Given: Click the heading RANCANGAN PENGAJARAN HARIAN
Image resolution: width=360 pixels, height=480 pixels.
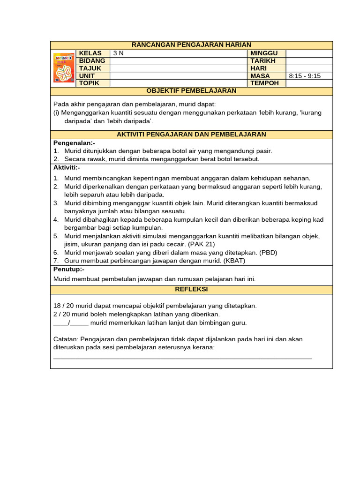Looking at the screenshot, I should (x=191, y=45).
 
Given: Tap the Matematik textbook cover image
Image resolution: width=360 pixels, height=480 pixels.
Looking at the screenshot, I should (x=64, y=68).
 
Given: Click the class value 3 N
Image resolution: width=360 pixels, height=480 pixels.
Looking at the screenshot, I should (x=118, y=53).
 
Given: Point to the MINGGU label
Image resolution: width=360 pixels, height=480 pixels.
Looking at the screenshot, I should (x=264, y=53).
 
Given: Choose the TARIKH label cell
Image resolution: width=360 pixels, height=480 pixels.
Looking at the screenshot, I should (x=263, y=61).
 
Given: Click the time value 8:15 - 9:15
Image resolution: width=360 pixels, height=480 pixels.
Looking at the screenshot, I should (x=305, y=76).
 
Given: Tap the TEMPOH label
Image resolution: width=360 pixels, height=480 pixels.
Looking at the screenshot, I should (x=264, y=83).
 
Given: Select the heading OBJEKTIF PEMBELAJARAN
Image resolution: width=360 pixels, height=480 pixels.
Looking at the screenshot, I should (x=191, y=91).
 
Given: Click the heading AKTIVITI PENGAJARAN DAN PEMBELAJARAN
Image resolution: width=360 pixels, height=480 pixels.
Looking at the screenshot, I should (x=191, y=135).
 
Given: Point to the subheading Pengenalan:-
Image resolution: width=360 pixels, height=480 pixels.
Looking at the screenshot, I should (x=74, y=142).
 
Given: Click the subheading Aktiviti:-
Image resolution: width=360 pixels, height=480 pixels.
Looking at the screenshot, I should (x=67, y=167).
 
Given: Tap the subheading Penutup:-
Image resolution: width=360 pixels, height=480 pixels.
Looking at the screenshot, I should (x=68, y=270).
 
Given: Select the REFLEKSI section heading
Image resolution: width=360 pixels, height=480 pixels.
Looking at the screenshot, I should (x=191, y=290).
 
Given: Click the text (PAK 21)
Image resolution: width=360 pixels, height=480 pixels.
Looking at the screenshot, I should (x=202, y=244).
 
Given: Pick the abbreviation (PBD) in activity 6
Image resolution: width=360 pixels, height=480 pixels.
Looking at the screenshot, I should (x=268, y=253).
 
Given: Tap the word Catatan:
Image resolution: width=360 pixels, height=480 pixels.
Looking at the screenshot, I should (x=66, y=339).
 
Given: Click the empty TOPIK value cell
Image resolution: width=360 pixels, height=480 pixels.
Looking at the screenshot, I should (x=178, y=83).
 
